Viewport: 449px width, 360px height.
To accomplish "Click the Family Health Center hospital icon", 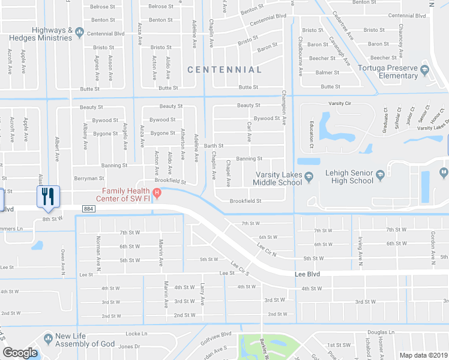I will (157, 193).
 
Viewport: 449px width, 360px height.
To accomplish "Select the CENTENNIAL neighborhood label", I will (224, 70).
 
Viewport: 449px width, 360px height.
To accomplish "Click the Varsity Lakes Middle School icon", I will (309, 176).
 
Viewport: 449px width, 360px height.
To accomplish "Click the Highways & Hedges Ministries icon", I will (79, 37).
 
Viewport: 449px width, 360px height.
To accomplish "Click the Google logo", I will (20, 353).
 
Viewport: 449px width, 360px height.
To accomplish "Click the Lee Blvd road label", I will (307, 274).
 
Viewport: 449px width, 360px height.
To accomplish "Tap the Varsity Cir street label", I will (339, 103).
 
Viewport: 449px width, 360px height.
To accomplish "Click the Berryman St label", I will (89, 178).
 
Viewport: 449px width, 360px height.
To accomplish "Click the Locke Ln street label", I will (136, 333).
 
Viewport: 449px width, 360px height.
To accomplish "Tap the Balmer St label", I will (327, 73).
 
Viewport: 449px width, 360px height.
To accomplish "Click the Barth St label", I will (213, 145).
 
